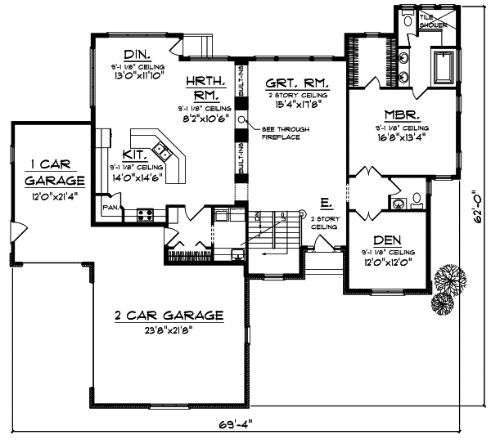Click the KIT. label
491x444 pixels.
coord(136,154)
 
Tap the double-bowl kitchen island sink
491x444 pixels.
coord(163,151)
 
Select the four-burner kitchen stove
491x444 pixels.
coord(146,216)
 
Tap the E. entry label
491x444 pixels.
coord(326,201)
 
